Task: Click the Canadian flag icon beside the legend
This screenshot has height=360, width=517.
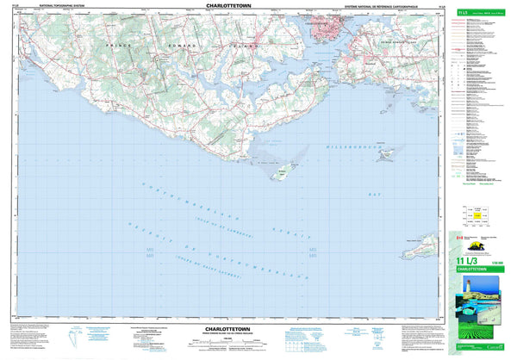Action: [460, 238]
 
